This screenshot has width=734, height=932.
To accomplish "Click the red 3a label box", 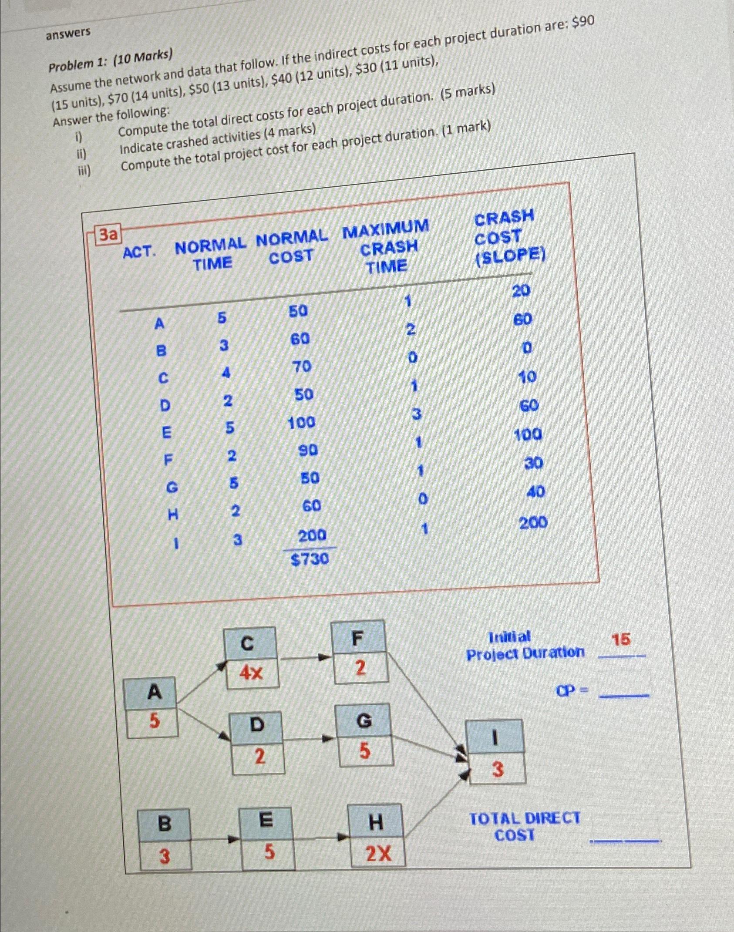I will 108,235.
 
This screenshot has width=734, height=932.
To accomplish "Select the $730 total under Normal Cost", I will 310,559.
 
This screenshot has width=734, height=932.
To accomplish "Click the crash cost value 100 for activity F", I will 528,434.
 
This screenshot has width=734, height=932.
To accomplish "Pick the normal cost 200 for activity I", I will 312,535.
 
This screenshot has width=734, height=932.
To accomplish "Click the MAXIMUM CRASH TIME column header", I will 387,246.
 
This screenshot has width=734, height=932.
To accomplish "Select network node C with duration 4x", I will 251,658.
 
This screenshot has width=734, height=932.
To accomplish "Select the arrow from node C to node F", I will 304,658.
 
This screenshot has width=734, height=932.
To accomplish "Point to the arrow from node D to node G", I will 309,739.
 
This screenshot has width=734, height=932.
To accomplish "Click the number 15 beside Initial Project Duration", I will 621,640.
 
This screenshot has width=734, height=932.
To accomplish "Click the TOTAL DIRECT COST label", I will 524,827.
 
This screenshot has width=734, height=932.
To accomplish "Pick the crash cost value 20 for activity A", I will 521,290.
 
